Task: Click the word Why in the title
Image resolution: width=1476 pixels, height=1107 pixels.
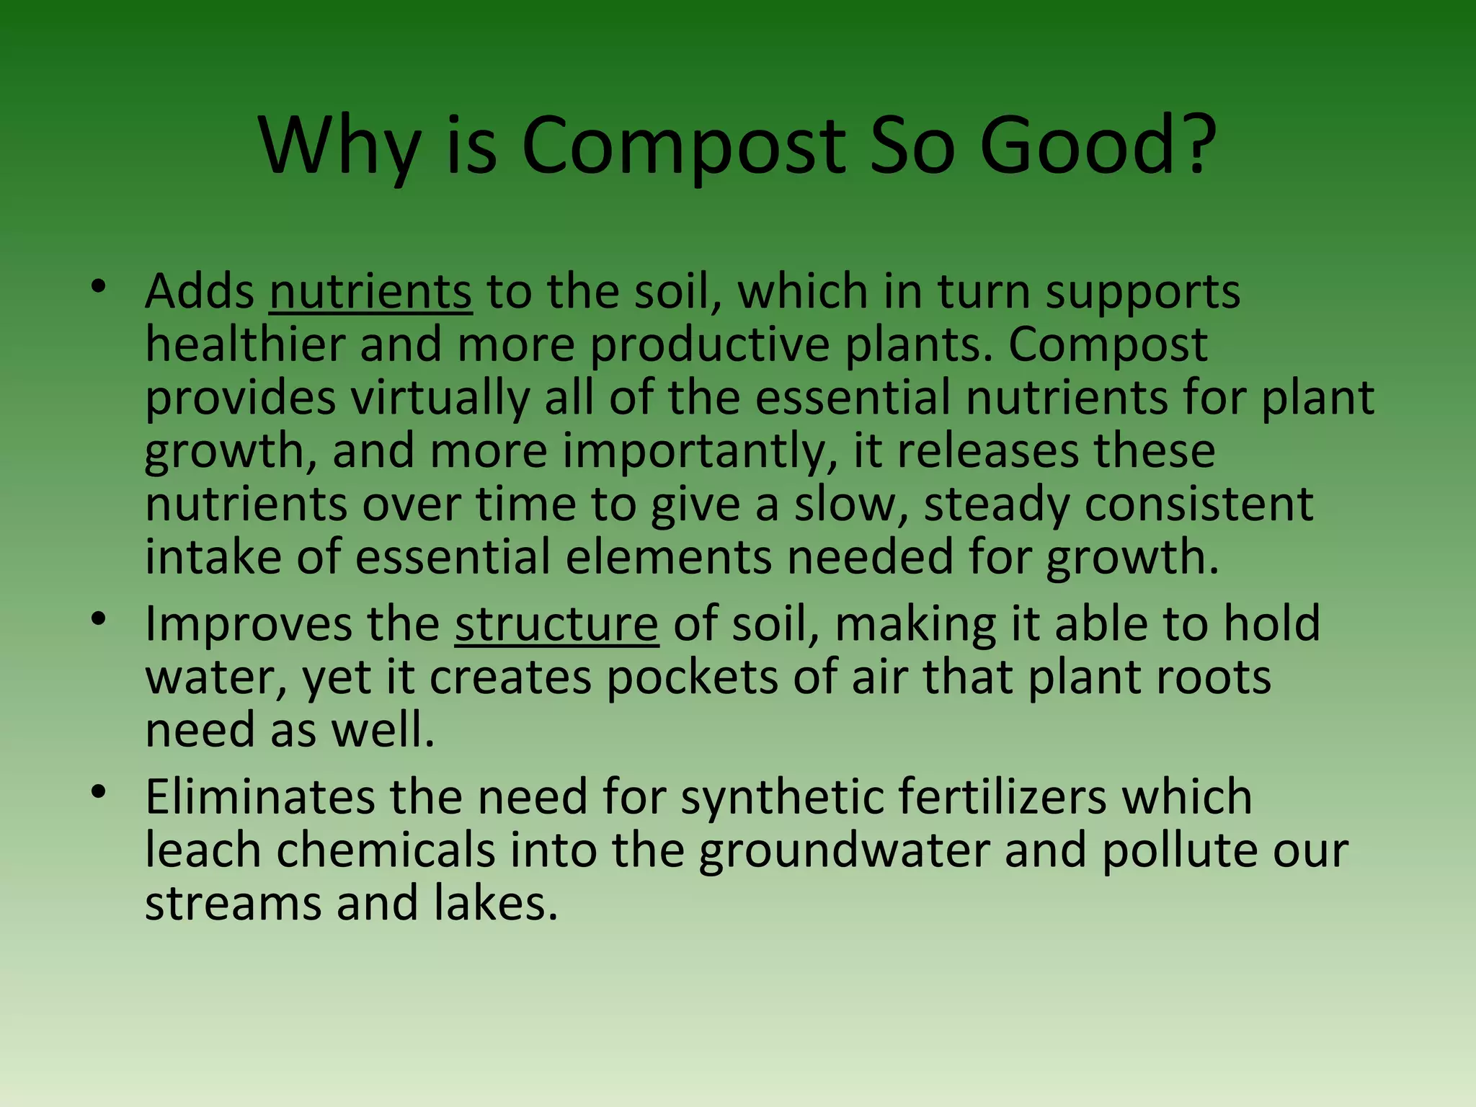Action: click(339, 147)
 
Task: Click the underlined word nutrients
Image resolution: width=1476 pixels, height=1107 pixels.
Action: click(370, 292)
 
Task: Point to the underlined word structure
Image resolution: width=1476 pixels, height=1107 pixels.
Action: click(556, 624)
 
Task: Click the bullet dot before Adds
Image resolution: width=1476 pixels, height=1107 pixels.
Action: click(99, 287)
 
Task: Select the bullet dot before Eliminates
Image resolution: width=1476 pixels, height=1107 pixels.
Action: click(99, 792)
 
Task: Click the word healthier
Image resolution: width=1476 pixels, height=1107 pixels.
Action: click(245, 344)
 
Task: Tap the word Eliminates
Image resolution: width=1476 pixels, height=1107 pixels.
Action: click(260, 796)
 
